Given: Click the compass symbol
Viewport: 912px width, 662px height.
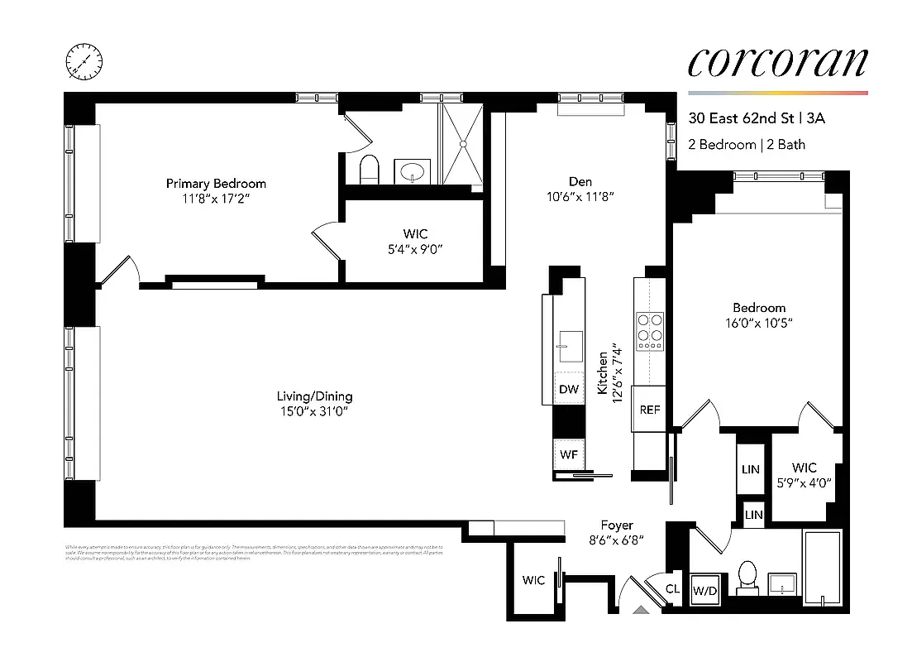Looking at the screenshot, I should coord(84,61).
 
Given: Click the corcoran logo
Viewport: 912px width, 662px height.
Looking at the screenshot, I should coord(777,64).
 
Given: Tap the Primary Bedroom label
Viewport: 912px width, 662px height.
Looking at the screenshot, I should coord(216,183).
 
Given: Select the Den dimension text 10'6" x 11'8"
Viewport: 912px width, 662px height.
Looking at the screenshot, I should coord(580,197).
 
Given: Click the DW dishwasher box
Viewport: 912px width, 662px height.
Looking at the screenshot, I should coord(568,389).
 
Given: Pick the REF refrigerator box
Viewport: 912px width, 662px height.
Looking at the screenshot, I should coord(650,409).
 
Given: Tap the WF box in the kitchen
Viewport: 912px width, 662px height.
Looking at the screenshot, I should coord(568,453).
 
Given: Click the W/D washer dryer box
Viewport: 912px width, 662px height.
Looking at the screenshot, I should coord(704,591).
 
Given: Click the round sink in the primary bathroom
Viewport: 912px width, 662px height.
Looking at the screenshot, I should coord(411,172).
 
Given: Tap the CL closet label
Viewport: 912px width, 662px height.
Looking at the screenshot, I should coord(674,589).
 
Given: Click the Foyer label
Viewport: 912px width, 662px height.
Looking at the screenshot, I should coord(617,525).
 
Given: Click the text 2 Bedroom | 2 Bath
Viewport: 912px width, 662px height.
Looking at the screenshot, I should coord(747,144).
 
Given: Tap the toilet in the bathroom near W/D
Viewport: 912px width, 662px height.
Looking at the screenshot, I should coord(749,577).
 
